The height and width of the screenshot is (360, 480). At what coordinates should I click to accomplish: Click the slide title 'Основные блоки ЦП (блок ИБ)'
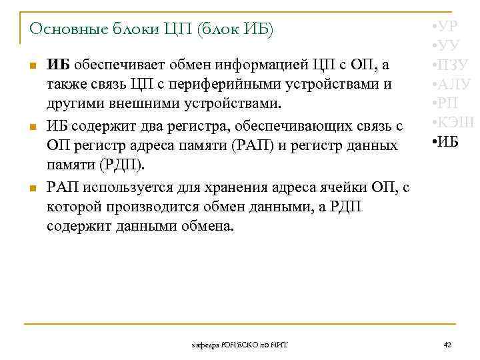151,30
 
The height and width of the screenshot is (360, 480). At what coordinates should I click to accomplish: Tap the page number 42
447,345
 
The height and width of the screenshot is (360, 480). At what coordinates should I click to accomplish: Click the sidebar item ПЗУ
449,65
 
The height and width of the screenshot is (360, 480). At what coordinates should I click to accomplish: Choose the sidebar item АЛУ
451,84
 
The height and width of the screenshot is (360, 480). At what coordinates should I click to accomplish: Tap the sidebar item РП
445,103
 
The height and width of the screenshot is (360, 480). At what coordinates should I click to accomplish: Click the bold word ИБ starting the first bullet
59,65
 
